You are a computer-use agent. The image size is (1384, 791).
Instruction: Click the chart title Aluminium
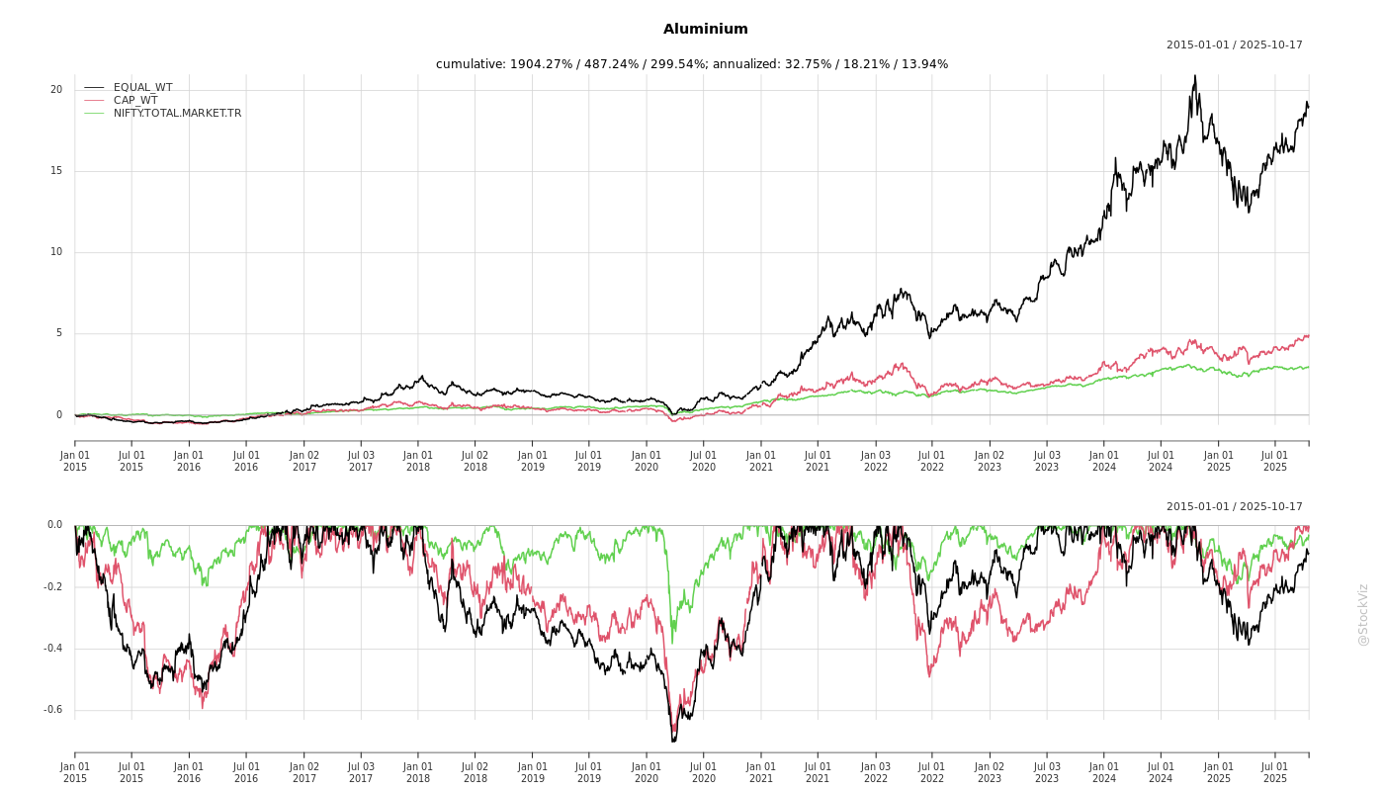[x=706, y=30]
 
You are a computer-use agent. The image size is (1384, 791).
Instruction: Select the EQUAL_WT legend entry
[x=142, y=88]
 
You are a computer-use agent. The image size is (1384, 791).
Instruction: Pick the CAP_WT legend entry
[x=135, y=101]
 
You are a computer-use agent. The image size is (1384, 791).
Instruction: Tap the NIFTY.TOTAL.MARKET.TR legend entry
[x=177, y=114]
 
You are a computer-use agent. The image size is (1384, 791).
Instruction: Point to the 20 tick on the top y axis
[x=56, y=90]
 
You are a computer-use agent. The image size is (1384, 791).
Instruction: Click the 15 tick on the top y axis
[x=56, y=171]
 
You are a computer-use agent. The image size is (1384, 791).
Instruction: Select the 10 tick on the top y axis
[x=56, y=252]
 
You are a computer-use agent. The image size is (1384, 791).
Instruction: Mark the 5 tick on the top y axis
[x=58, y=333]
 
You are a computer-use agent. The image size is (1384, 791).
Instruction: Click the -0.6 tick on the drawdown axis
[x=53, y=710]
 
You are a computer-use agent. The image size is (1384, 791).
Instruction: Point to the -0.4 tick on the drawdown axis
[x=53, y=649]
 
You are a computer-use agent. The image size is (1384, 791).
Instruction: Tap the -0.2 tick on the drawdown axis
[x=53, y=587]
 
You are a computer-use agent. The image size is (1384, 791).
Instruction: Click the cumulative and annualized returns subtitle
[x=692, y=64]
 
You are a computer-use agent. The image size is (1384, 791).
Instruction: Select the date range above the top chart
[x=1234, y=45]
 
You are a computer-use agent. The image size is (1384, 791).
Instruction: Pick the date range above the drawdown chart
[x=1234, y=507]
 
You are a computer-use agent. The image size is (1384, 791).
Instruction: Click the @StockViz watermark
[x=1363, y=614]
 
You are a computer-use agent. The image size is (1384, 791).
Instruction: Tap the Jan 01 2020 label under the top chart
[x=647, y=461]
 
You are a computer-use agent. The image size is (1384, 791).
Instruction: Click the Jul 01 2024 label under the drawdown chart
[x=1161, y=772]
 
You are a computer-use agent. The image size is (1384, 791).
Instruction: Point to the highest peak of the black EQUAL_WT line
[x=1195, y=76]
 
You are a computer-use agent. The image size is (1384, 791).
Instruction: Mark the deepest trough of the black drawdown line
[x=673, y=741]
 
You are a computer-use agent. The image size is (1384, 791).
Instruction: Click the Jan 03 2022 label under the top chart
[x=875, y=461]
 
